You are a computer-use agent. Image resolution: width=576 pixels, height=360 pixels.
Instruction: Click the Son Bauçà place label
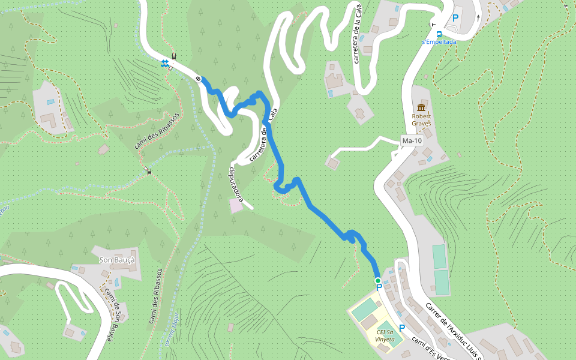point(117,260)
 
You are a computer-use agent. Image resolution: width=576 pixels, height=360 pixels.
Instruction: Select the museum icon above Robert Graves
point(421,107)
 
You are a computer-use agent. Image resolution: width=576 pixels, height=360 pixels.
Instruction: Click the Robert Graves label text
point(421,119)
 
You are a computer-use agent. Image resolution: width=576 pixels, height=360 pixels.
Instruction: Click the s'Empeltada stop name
point(439,42)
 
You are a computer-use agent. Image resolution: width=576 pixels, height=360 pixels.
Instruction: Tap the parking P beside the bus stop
point(455,19)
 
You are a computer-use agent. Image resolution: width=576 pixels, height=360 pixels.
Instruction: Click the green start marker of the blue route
point(377,281)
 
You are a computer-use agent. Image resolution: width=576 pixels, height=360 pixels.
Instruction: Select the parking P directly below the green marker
point(379,289)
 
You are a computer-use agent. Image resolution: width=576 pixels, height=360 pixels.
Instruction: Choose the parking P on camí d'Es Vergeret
point(402,328)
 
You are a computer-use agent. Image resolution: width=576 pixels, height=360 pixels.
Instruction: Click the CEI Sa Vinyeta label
point(386,335)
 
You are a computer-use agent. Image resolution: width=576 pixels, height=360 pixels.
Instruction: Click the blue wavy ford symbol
point(165,63)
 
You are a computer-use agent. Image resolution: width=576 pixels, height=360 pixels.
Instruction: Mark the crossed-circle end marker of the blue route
point(198,79)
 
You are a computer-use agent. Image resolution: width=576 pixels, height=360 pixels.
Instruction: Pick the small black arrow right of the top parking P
point(478,17)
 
